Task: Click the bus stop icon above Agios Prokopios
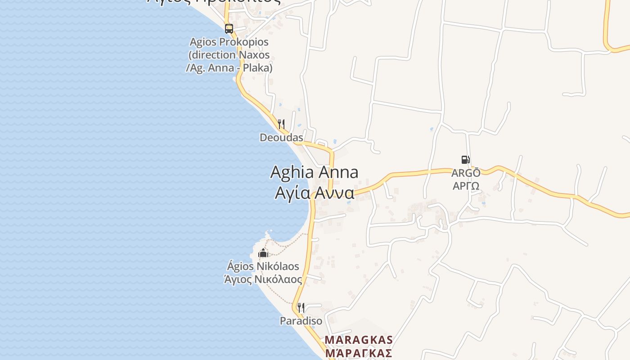tap(229, 29)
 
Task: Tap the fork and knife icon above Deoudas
tap(281, 124)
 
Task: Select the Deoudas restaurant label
tap(281, 137)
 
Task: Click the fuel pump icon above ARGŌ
tap(465, 159)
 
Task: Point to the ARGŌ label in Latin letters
tap(466, 173)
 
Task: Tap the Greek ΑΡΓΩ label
tap(466, 185)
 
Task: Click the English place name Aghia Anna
tap(314, 172)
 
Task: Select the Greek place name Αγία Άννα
tap(314, 193)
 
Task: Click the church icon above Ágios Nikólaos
tap(263, 253)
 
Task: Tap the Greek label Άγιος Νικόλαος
tap(263, 279)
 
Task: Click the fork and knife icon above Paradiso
tap(301, 308)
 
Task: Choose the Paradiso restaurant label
tap(301, 321)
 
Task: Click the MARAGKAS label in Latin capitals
tap(359, 340)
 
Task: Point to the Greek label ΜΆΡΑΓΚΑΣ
tap(359, 353)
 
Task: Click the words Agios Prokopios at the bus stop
tap(229, 42)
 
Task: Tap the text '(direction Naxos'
tap(229, 55)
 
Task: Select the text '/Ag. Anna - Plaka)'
tap(229, 68)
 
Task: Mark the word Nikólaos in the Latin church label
tap(278, 266)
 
